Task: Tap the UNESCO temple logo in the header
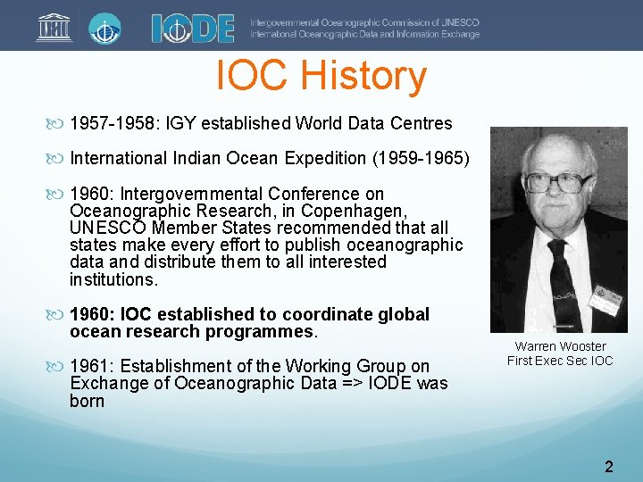point(54,27)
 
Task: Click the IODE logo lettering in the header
point(192,28)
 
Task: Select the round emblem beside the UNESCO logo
point(105,27)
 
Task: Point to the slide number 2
point(608,466)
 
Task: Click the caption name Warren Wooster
point(560,346)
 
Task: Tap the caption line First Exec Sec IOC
point(560,361)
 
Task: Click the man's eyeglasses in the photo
point(558,183)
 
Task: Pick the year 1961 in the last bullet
point(90,366)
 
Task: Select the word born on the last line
point(88,401)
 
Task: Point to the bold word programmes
point(262,332)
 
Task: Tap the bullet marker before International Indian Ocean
point(59,159)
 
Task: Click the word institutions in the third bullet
point(112,279)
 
